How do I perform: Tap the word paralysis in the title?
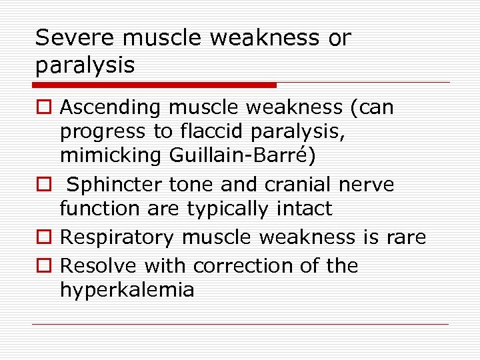coord(85,65)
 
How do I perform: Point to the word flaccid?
coord(209,132)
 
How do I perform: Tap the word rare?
coord(404,237)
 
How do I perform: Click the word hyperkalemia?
coord(127,290)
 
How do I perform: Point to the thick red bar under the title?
coord(154,85)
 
